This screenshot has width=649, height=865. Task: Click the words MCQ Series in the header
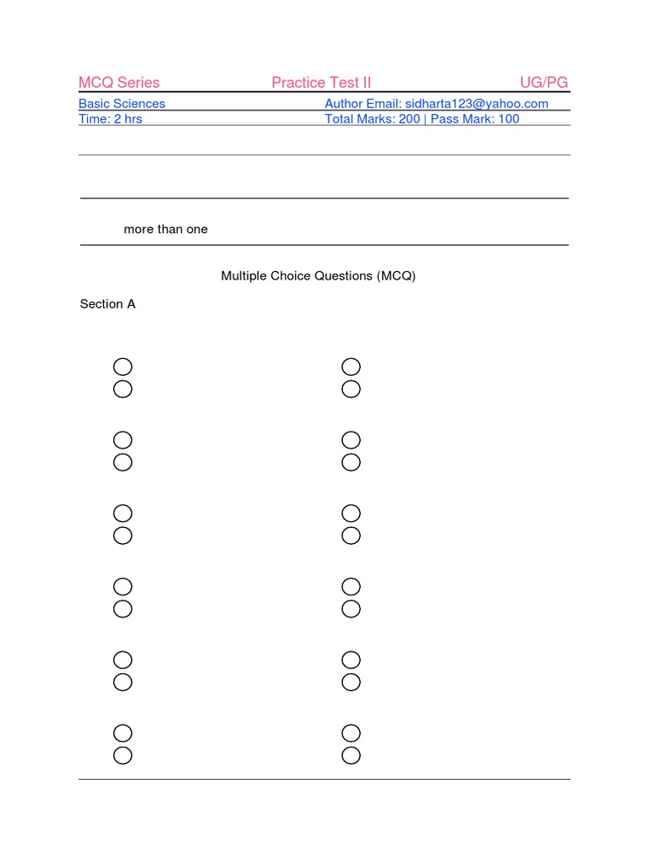118,83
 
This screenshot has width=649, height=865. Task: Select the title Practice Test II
321,83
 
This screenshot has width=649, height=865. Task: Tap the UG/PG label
544,83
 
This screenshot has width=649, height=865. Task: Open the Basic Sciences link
122,104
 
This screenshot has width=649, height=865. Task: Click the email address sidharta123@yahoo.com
477,104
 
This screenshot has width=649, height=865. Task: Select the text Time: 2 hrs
111,119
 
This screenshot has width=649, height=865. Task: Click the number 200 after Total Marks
409,119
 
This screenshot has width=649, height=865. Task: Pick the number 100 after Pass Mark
509,119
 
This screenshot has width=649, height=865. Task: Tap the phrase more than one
166,230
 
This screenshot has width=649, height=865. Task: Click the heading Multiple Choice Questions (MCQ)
319,276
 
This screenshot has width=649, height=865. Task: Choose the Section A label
107,304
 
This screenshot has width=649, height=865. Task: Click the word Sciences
140,104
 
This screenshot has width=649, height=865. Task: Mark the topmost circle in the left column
123,367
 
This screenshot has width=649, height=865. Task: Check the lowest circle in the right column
351,755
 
